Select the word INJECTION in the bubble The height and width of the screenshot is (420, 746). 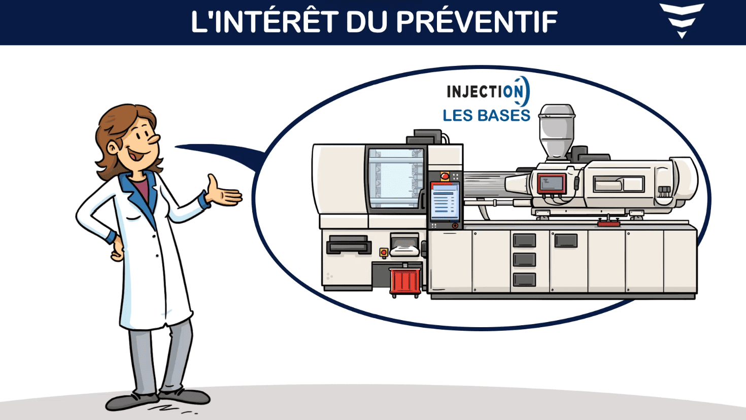pos(488,91)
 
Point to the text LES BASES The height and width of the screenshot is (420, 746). pos(486,116)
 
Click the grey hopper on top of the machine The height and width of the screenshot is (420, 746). pos(556,131)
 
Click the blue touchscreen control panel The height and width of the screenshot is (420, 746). pos(445,202)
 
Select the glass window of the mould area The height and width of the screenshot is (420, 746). pos(395,178)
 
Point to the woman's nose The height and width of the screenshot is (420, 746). pos(154,139)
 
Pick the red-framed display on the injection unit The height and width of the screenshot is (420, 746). pos(551,183)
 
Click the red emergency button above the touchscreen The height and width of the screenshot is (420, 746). pos(445,176)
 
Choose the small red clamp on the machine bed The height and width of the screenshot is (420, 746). pos(608,223)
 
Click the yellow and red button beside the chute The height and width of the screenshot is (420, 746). pos(384,253)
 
